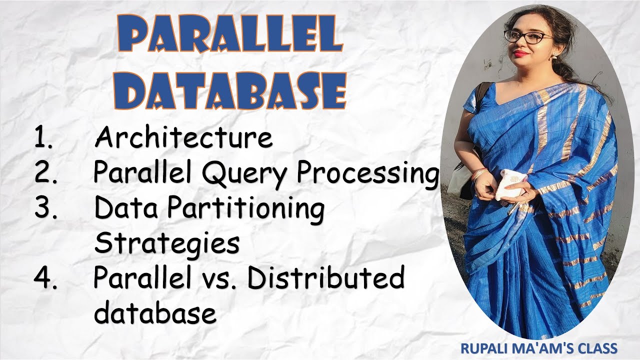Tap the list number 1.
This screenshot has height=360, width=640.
pyautogui.click(x=43, y=137)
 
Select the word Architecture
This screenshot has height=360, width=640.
pyautogui.click(x=183, y=137)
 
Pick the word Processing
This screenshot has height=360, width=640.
pyautogui.click(x=367, y=173)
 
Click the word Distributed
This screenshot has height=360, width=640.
pyautogui.click(x=325, y=278)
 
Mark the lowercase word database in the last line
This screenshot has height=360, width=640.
pyautogui.click(x=155, y=313)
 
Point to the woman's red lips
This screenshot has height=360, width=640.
pyautogui.click(x=520, y=53)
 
